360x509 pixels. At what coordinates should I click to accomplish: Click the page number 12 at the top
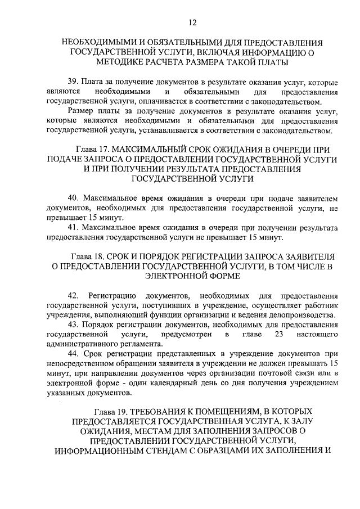[x=193, y=22]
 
